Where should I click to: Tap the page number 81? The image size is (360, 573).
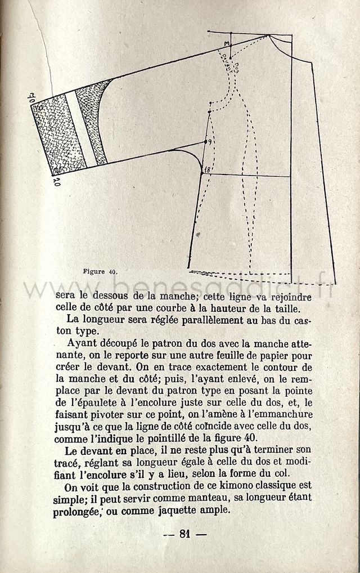pyautogui.click(x=183, y=534)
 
